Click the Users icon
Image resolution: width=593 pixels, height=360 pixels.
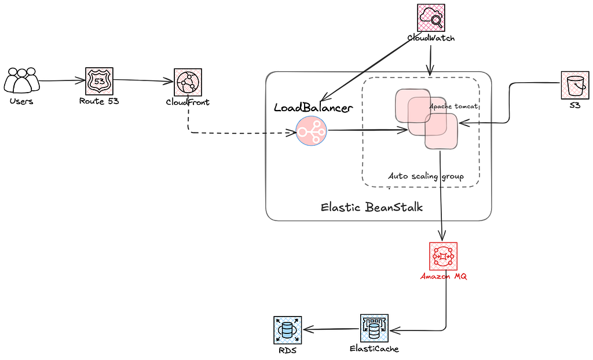click(x=21, y=80)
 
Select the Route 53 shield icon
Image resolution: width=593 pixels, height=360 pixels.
click(x=99, y=81)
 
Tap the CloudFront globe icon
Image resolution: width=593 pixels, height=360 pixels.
click(x=188, y=82)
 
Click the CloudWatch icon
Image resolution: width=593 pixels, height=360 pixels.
click(x=431, y=18)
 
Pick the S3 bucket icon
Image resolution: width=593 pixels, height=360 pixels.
click(x=575, y=86)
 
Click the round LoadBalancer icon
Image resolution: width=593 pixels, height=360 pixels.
click(x=311, y=131)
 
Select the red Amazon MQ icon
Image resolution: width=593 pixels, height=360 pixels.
click(x=443, y=256)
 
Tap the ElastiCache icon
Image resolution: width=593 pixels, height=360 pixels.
click(x=374, y=328)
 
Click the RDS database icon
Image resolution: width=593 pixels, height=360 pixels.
click(x=287, y=330)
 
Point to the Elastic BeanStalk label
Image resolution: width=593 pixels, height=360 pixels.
click(x=372, y=207)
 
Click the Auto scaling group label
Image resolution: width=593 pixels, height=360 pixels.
click(x=426, y=176)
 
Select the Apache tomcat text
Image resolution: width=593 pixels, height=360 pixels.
click(x=453, y=106)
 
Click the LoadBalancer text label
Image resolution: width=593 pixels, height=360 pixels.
click(x=313, y=108)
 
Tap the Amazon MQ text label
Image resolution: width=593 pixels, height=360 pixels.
click(x=444, y=277)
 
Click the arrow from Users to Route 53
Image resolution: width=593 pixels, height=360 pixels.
click(x=63, y=80)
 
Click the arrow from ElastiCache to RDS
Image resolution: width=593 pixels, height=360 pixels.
click(x=331, y=329)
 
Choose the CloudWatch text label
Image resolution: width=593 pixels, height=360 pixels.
click(x=431, y=38)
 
